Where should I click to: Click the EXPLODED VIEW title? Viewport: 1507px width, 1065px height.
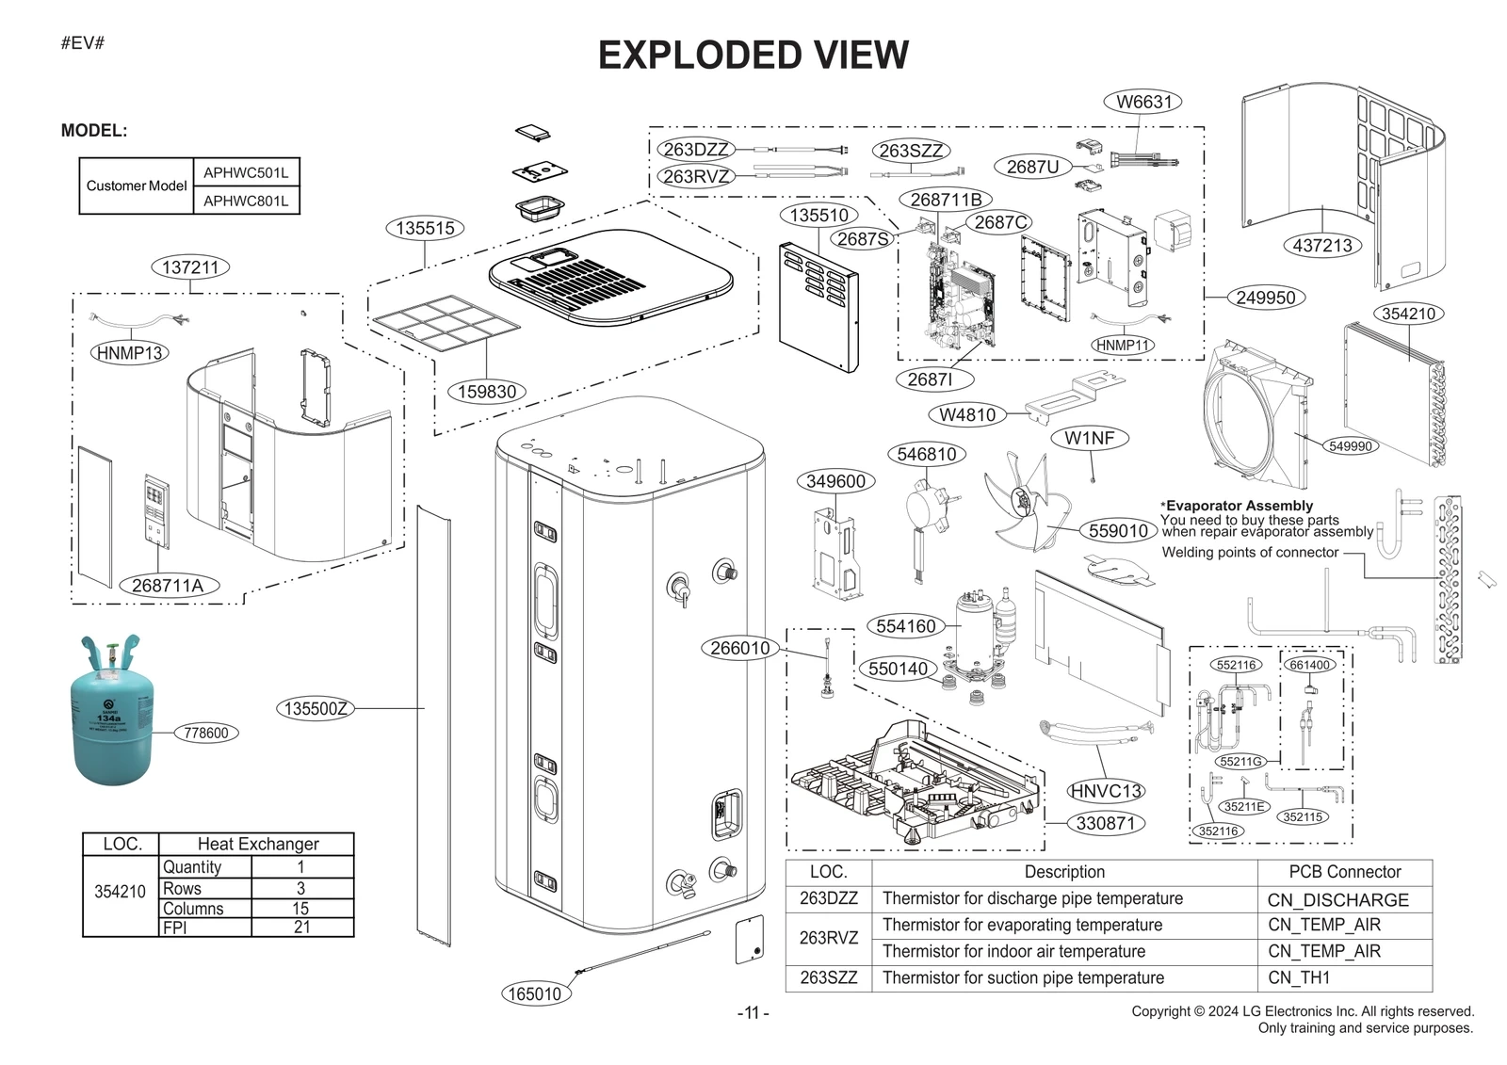click(x=753, y=56)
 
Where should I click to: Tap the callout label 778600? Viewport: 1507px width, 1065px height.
click(x=206, y=733)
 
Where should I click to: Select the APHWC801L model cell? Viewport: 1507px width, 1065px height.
click(x=246, y=201)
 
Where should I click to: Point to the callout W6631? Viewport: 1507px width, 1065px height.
click(x=1143, y=102)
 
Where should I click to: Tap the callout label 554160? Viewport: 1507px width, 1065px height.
click(x=905, y=626)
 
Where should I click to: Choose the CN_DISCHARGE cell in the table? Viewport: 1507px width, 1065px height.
click(x=1337, y=900)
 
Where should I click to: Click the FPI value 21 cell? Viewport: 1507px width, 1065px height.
click(x=301, y=928)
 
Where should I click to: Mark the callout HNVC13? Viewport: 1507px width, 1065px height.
click(x=1106, y=791)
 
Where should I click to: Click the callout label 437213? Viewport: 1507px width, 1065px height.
click(x=1322, y=246)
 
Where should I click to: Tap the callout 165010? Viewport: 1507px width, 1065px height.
click(x=534, y=993)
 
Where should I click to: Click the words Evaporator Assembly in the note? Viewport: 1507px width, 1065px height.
click(x=1240, y=506)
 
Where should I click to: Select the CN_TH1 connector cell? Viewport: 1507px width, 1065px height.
click(x=1299, y=977)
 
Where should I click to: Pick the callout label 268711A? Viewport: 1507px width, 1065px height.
click(x=168, y=586)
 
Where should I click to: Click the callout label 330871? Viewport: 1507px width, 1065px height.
click(x=1106, y=823)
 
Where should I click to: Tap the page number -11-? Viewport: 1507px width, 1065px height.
click(x=753, y=1013)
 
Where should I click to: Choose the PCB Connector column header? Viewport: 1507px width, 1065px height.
click(x=1344, y=872)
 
